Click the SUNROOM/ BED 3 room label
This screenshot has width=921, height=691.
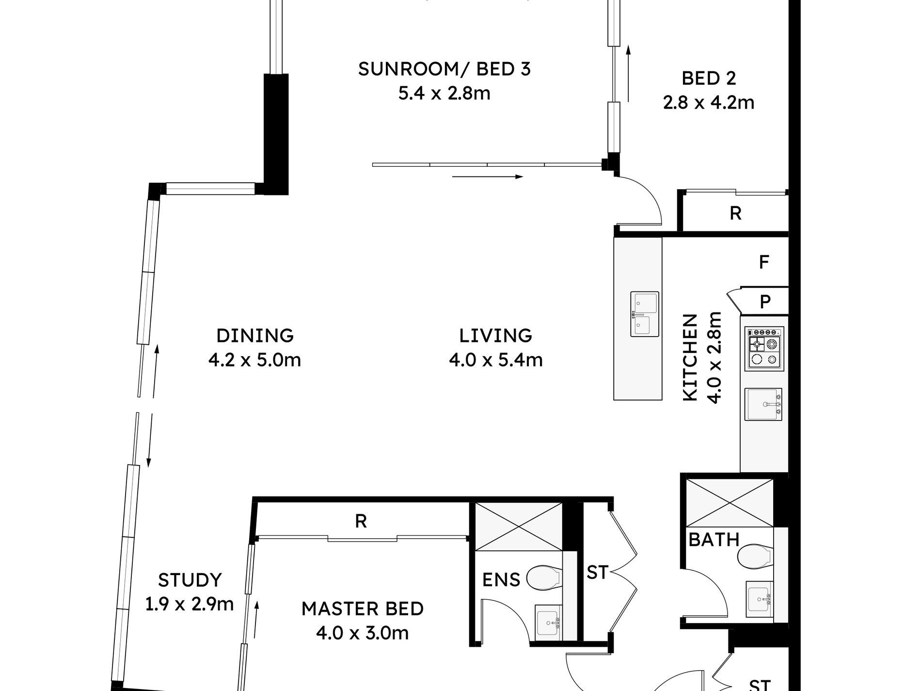445,69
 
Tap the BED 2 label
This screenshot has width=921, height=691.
709,78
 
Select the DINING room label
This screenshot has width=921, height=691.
255,336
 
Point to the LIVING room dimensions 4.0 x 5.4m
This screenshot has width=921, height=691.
495,360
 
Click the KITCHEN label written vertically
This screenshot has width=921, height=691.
690,357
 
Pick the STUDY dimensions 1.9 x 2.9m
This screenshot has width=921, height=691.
190,604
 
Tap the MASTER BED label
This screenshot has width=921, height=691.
363,609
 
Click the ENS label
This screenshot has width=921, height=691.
501,579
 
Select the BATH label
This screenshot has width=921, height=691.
714,539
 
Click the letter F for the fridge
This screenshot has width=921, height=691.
764,262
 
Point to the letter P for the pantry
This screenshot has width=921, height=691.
765,302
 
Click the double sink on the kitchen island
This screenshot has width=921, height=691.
645,314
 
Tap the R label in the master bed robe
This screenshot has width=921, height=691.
361,521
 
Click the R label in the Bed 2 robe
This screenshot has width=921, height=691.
735,213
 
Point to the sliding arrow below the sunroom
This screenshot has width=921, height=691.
488,177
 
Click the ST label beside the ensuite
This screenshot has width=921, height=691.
597,573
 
